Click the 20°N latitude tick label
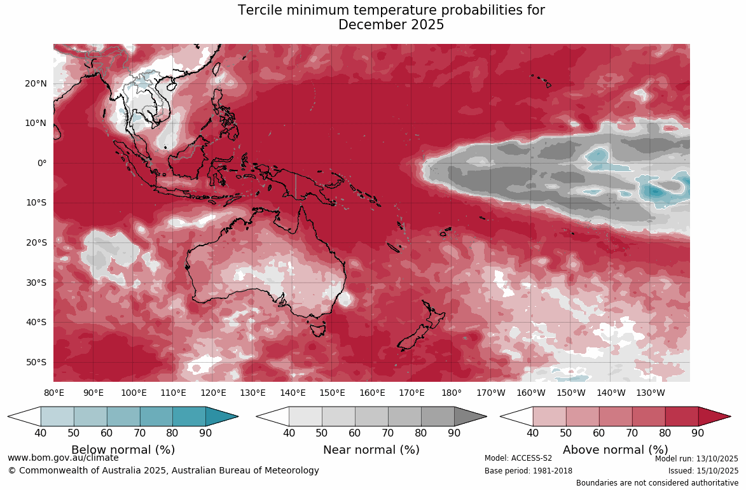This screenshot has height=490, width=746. pyautogui.click(x=36, y=83)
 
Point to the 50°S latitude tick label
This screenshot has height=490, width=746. pyautogui.click(x=36, y=362)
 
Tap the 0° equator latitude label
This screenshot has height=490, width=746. pyautogui.click(x=41, y=163)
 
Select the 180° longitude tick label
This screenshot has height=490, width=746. pyautogui.click(x=452, y=393)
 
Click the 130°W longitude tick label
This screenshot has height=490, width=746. pyautogui.click(x=650, y=393)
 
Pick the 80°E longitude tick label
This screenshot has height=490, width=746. pyautogui.click(x=54, y=393)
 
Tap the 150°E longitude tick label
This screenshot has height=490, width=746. pyautogui.click(x=332, y=393)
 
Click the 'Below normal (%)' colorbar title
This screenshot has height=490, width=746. pyautogui.click(x=123, y=450)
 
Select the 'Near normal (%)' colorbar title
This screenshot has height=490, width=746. pyautogui.click(x=371, y=450)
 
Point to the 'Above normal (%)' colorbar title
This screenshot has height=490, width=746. pyautogui.click(x=615, y=450)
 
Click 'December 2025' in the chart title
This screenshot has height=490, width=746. pyautogui.click(x=390, y=25)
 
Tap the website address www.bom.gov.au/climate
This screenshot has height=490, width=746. pyautogui.click(x=63, y=458)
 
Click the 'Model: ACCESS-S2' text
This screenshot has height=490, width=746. pyautogui.click(x=518, y=458)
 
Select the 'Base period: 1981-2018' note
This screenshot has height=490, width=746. pyautogui.click(x=528, y=471)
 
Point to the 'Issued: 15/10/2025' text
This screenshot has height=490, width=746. pyautogui.click(x=703, y=471)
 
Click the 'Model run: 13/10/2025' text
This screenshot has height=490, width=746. pyautogui.click(x=696, y=458)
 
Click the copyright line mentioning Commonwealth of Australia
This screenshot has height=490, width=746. pyautogui.click(x=163, y=471)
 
